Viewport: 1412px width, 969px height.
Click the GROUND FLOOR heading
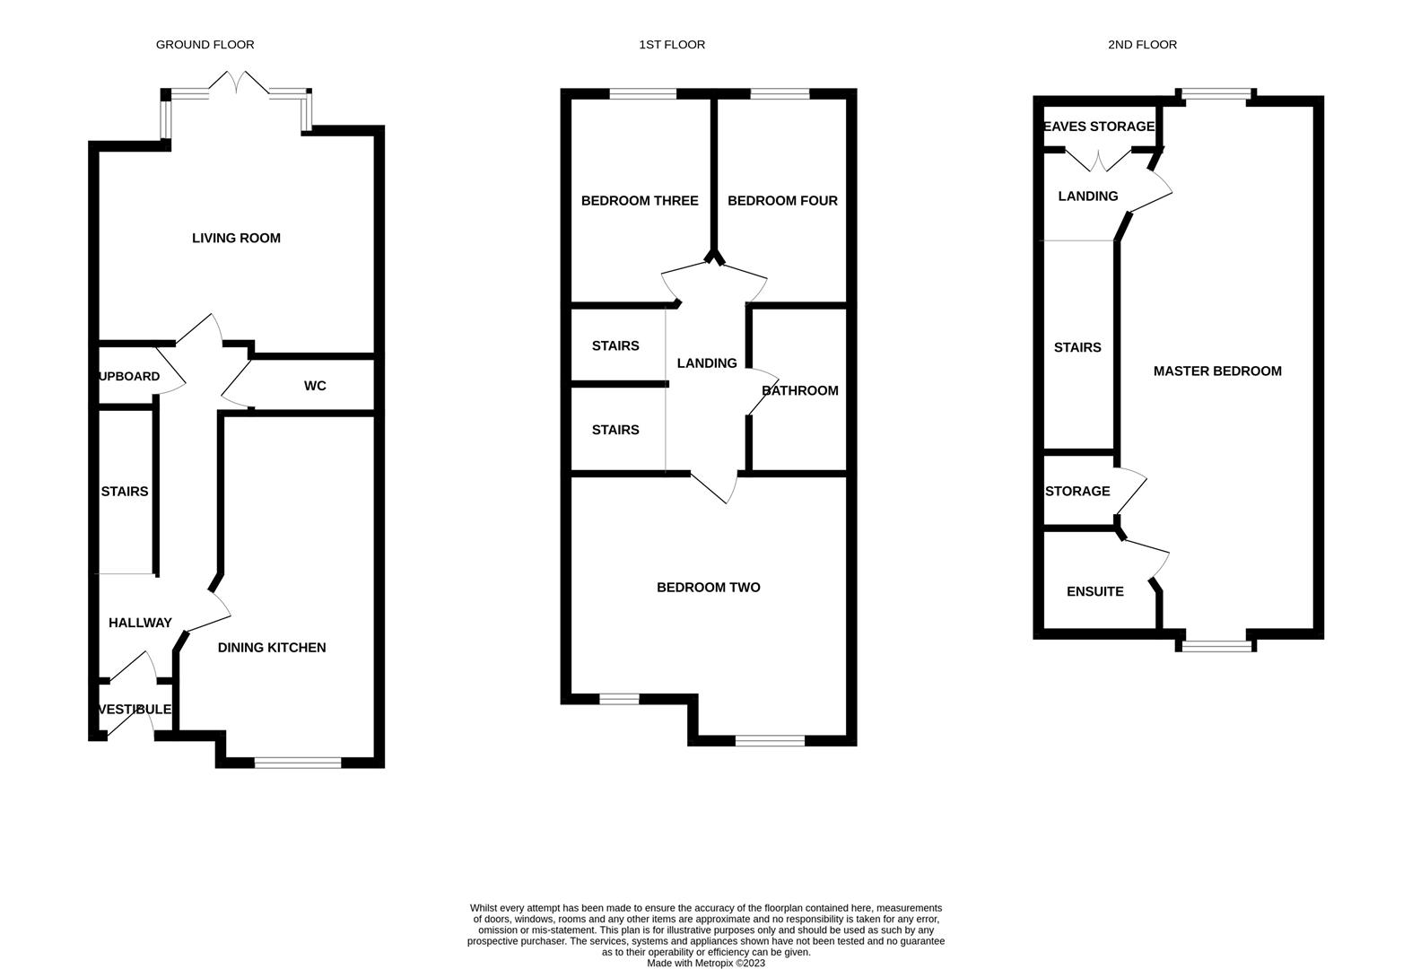pyautogui.click(x=205, y=44)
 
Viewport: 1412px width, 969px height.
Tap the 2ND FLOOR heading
pyautogui.click(x=1142, y=44)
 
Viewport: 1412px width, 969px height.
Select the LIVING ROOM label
pyautogui.click(x=236, y=238)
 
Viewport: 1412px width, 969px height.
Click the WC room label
pyautogui.click(x=315, y=386)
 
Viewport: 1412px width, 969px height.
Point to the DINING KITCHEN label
pyautogui.click(x=272, y=647)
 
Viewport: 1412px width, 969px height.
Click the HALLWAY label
pyautogui.click(x=140, y=623)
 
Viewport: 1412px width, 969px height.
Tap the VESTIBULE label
pyautogui.click(x=135, y=710)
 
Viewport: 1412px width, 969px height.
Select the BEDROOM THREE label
pyautogui.click(x=640, y=201)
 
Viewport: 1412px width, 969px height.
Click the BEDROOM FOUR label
pyautogui.click(x=782, y=201)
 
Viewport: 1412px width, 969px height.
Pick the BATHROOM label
pyautogui.click(x=800, y=390)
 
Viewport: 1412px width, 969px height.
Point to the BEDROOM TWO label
pyautogui.click(x=709, y=588)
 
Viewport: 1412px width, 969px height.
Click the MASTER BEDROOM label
pyautogui.click(x=1217, y=371)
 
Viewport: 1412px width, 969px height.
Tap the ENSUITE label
pyautogui.click(x=1094, y=591)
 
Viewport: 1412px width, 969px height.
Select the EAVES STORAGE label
pyautogui.click(x=1099, y=127)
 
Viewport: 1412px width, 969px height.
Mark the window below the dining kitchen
pyautogui.click(x=298, y=764)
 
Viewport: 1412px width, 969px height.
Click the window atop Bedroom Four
pyautogui.click(x=779, y=93)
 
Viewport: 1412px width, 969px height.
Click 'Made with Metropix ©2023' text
pyautogui.click(x=706, y=964)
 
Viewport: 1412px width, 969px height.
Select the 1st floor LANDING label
pyautogui.click(x=707, y=362)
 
